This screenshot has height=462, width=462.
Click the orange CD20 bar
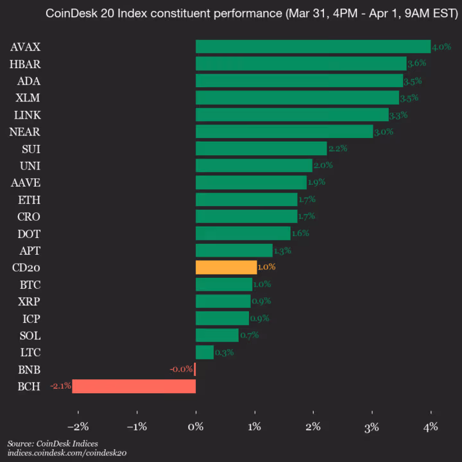(x=226, y=267)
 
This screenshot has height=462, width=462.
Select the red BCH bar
(x=133, y=386)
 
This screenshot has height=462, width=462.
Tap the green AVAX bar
(x=312, y=46)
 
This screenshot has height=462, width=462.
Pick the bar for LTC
(x=205, y=352)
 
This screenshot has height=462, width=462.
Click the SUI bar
(x=261, y=148)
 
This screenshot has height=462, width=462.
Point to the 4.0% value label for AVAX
(x=441, y=47)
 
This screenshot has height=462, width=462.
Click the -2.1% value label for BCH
(x=61, y=386)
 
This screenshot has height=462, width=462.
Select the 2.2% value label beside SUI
(x=338, y=149)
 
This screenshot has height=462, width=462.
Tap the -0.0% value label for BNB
(x=181, y=370)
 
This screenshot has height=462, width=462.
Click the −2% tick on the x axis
(x=78, y=427)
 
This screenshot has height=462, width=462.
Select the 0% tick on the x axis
(x=196, y=427)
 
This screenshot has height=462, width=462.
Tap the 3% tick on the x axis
(x=372, y=427)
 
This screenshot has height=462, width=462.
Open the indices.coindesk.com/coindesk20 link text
(x=67, y=453)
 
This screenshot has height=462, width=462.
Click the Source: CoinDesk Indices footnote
(x=53, y=443)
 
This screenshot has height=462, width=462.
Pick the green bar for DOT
(x=243, y=233)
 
